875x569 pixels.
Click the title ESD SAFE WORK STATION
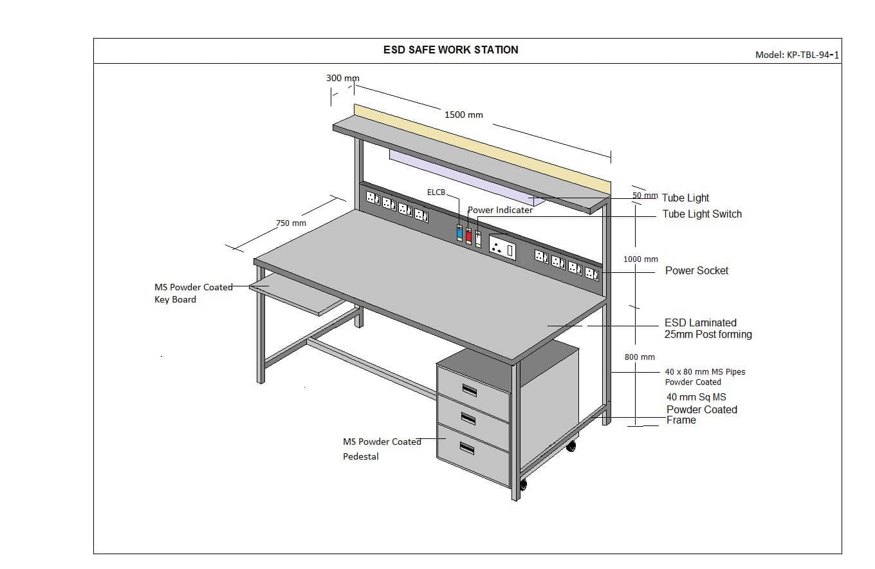(x=450, y=50)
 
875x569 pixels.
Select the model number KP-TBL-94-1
(x=797, y=55)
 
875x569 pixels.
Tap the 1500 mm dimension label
(x=463, y=115)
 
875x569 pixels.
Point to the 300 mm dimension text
(x=342, y=78)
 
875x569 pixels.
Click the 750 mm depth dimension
(x=291, y=223)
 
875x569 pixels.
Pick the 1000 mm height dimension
(x=640, y=259)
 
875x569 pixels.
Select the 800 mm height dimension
(x=640, y=357)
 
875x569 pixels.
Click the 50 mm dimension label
(x=645, y=195)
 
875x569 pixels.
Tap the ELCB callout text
(x=436, y=192)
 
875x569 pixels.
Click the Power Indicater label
(x=500, y=210)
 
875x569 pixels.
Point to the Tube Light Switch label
(x=702, y=214)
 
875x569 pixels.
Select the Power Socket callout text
(x=697, y=270)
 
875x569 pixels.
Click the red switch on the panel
(x=468, y=236)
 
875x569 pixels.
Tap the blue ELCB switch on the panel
(x=459, y=233)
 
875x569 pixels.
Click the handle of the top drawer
(x=469, y=389)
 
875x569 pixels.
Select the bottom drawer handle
(x=466, y=449)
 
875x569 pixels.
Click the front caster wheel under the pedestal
(x=523, y=483)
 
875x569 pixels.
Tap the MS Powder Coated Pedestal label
(x=382, y=449)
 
